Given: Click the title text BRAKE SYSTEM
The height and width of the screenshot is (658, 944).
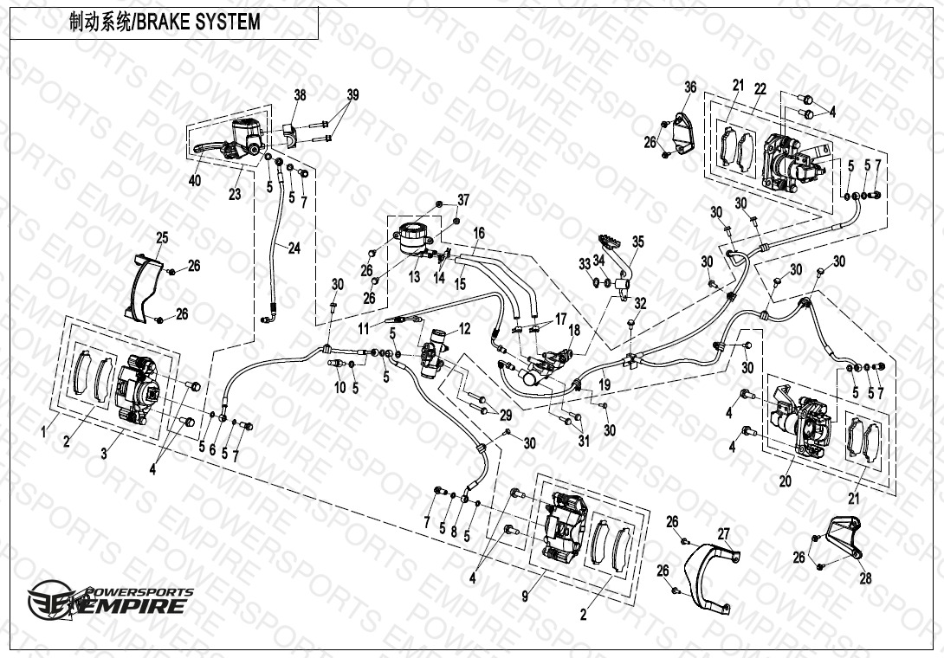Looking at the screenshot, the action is pyautogui.click(x=198, y=23).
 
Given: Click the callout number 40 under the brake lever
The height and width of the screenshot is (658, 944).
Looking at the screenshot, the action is pyautogui.click(x=195, y=180).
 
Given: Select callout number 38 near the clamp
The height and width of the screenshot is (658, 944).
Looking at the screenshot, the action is pyautogui.click(x=300, y=94).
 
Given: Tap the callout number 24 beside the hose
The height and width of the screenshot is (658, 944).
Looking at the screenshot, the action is pyautogui.click(x=294, y=248).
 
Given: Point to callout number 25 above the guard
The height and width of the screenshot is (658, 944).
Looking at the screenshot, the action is pyautogui.click(x=162, y=238).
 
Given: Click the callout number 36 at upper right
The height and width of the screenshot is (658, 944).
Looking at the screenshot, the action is pyautogui.click(x=690, y=87).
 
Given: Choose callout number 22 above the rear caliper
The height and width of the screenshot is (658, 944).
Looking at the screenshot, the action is pyautogui.click(x=760, y=89).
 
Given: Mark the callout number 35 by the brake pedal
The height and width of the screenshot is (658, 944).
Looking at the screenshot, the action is pyautogui.click(x=638, y=242).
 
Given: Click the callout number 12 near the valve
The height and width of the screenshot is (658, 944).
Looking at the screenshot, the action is pyautogui.click(x=465, y=329).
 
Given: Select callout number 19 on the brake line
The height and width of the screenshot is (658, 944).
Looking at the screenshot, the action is pyautogui.click(x=605, y=384).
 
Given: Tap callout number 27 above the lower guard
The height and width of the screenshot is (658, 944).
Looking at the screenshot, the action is pyautogui.click(x=724, y=534).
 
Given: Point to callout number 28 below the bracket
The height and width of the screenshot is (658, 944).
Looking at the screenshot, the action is pyautogui.click(x=865, y=578).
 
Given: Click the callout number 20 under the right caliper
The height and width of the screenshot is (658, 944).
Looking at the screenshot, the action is pyautogui.click(x=785, y=481).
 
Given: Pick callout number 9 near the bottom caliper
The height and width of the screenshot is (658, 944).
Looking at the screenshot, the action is pyautogui.click(x=525, y=596).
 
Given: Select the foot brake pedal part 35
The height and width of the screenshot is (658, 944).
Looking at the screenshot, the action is pyautogui.click(x=617, y=264).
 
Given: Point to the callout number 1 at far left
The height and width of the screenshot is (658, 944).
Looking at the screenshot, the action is pyautogui.click(x=43, y=432).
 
